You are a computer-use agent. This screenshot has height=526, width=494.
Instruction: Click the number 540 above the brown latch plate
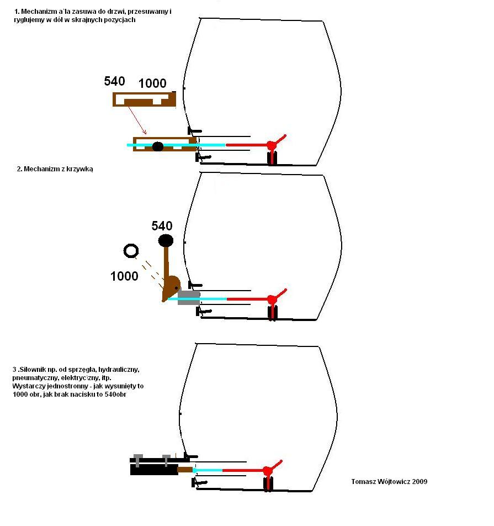(114, 81)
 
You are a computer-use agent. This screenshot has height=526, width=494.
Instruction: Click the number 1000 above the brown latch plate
(152, 83)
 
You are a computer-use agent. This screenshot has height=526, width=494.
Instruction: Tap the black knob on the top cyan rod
(158, 146)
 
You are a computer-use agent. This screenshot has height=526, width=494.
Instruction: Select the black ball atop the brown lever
(166, 240)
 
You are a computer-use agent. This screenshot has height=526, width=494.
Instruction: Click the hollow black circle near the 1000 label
(131, 251)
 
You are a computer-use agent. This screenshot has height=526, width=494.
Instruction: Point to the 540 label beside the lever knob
(162, 225)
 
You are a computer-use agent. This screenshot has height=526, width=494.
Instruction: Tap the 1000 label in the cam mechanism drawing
(124, 276)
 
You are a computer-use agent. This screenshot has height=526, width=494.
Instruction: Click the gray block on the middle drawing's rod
(189, 298)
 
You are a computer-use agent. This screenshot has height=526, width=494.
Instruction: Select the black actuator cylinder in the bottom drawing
(154, 469)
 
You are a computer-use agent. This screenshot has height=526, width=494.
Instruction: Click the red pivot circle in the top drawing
(271, 145)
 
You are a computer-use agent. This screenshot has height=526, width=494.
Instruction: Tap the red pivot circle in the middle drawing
(272, 299)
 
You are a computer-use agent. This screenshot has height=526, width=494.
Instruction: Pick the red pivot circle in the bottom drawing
(268, 471)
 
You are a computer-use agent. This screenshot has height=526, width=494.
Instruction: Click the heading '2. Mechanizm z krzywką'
(55, 169)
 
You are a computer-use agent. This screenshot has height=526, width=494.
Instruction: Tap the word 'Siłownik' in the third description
(35, 369)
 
